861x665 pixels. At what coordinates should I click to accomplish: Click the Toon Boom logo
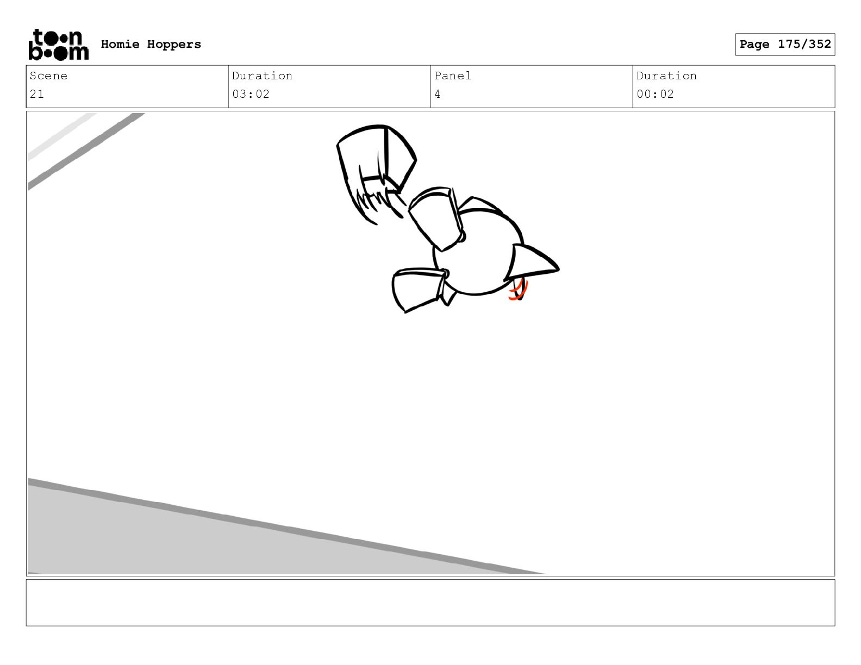(x=59, y=45)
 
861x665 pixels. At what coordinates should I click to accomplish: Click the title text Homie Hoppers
(x=151, y=44)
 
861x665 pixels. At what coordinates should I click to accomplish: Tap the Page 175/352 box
(x=785, y=45)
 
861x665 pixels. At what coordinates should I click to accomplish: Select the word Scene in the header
(x=48, y=76)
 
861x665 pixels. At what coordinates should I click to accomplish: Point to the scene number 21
(x=36, y=94)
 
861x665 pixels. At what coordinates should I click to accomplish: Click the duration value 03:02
(x=251, y=94)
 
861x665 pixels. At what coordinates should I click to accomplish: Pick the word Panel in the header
(x=452, y=76)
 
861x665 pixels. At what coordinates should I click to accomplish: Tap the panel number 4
(x=438, y=94)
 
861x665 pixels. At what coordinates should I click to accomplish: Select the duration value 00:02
(x=655, y=94)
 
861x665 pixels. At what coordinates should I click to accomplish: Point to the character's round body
(x=477, y=253)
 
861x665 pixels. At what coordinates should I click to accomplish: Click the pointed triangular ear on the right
(x=532, y=262)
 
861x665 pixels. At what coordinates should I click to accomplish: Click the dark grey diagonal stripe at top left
(x=86, y=152)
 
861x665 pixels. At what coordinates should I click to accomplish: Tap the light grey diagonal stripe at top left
(x=62, y=137)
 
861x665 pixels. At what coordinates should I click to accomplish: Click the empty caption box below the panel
(x=430, y=603)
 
